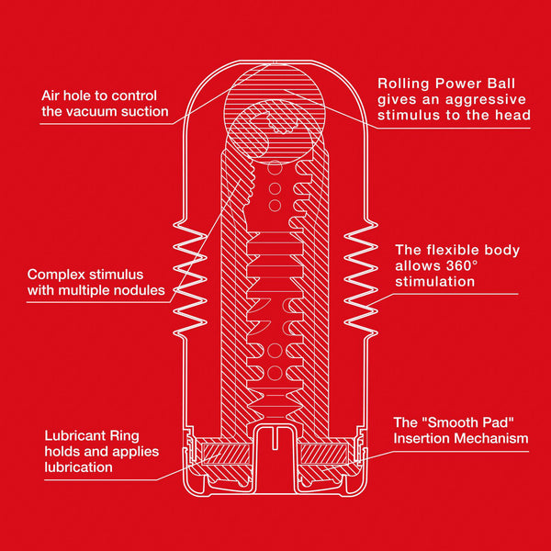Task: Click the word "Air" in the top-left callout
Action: point(53,96)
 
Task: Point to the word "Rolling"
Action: point(402,83)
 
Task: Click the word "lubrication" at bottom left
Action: point(78,467)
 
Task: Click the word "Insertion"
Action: point(425,438)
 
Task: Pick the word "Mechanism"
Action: point(493,438)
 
